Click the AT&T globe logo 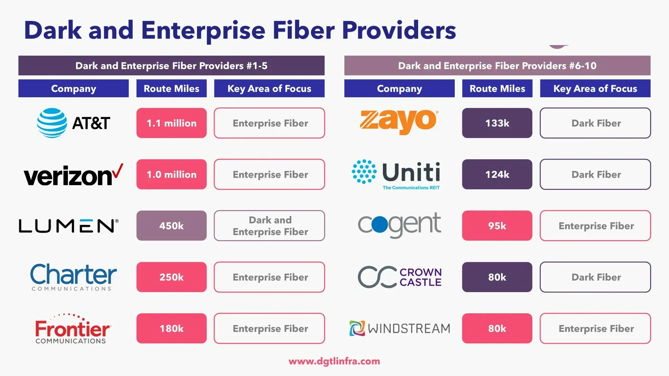[52, 123]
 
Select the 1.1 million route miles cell [171, 123]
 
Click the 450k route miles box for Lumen [171, 226]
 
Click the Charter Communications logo [73, 277]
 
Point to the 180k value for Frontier [171, 328]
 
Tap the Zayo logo [399, 122]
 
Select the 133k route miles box [497, 123]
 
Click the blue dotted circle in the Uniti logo [364, 172]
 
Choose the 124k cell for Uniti [497, 174]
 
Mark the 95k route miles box [497, 226]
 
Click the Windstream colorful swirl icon [357, 328]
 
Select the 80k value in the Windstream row [497, 328]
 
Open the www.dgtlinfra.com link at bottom [334, 361]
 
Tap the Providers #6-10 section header [497, 66]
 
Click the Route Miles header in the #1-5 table [171, 88]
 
